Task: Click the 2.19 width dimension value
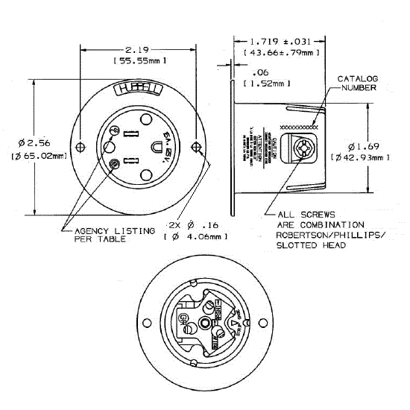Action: [138, 46]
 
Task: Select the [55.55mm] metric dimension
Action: [138, 60]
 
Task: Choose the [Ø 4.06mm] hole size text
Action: [196, 236]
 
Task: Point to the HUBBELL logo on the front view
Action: [139, 91]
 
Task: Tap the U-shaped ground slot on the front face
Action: [158, 148]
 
